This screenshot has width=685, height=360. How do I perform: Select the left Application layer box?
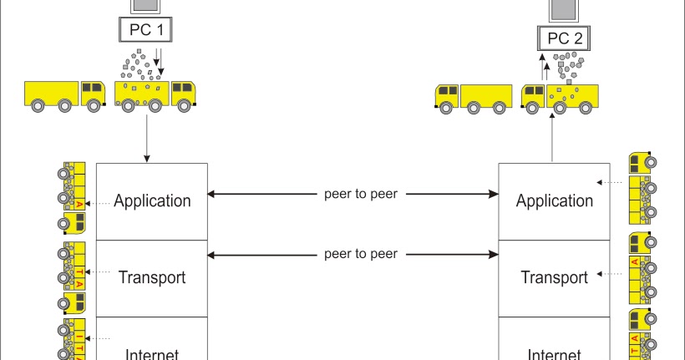(x=151, y=201)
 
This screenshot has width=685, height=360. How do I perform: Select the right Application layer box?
(x=554, y=201)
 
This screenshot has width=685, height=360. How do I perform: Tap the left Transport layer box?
(x=151, y=278)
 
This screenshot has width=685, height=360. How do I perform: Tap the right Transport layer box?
(x=554, y=278)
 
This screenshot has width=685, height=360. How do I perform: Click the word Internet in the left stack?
(x=151, y=352)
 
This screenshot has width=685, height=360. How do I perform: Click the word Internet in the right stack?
(x=554, y=352)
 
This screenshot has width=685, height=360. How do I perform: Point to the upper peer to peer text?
(x=360, y=195)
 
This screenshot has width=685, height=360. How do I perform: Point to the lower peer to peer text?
(x=360, y=253)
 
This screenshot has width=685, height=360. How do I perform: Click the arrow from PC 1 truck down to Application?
(x=147, y=138)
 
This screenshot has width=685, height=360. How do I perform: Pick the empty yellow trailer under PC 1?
(x=53, y=93)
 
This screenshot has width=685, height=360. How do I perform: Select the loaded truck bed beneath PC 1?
(x=142, y=94)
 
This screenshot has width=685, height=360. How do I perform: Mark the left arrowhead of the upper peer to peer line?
(x=212, y=195)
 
